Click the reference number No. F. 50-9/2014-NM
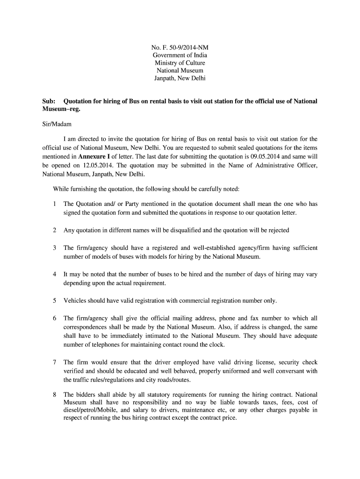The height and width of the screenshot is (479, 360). tap(180, 47)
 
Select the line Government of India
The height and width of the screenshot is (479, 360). tap(180, 55)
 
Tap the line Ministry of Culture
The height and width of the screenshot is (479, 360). tap(180, 63)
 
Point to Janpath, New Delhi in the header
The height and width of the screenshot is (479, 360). tap(180, 78)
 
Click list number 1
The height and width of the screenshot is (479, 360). tap(55, 204)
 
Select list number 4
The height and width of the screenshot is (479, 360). tap(55, 275)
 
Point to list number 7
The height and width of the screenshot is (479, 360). tap(55, 362)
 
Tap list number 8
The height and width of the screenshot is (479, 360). tap(55, 394)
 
